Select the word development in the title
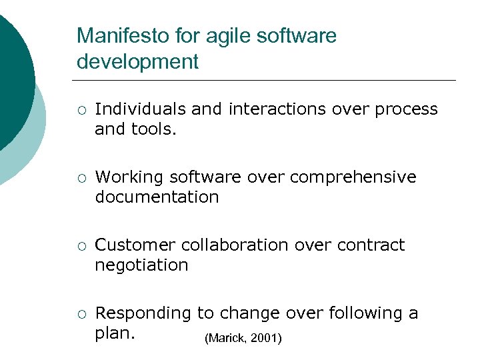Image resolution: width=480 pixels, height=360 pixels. click(137, 62)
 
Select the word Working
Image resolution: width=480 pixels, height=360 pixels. click(130, 177)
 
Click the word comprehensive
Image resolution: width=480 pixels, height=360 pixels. click(353, 177)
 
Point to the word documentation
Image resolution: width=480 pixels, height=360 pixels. click(157, 197)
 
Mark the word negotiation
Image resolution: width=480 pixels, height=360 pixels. click(141, 265)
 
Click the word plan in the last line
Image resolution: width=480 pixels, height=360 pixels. click(114, 333)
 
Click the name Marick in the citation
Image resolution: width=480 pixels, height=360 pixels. click(228, 339)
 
